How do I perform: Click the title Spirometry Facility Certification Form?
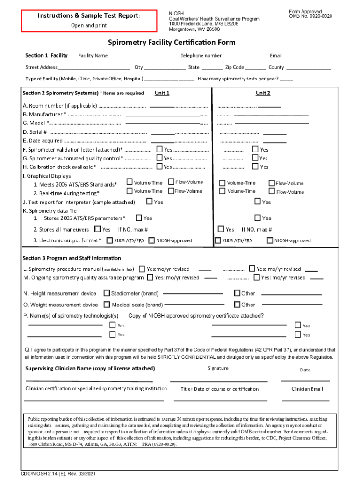coord(172,43)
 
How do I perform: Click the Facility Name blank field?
coord(143,56)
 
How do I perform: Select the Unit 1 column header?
coord(162,93)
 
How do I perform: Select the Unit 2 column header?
coord(263,93)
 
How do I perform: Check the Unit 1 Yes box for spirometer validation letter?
coord(159,150)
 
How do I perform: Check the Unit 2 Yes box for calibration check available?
coord(255,167)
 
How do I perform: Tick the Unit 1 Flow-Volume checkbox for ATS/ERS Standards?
coord(171,182)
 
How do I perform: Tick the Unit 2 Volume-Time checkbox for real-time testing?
coord(223,191)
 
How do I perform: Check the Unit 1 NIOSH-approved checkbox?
coord(151,240)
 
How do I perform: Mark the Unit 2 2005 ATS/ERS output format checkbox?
coord(218,240)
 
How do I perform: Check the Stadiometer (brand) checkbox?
coord(107,293)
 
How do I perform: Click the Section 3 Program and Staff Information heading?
coord(72,258)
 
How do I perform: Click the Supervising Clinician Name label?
coord(90,368)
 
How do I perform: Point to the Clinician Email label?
coord(307,389)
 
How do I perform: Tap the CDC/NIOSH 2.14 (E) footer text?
coord(55,473)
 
